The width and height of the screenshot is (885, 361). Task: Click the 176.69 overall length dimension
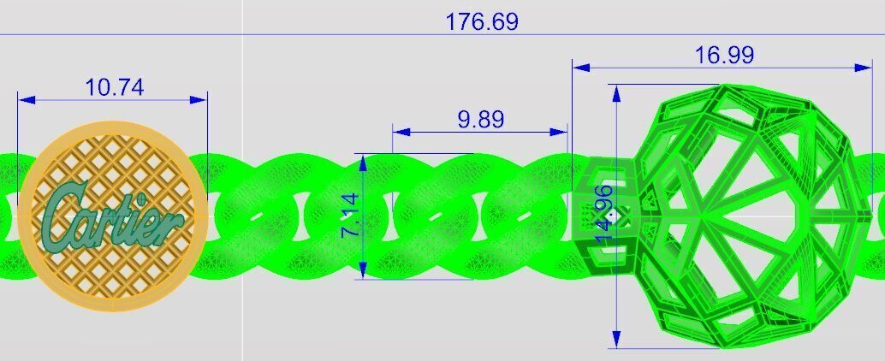coord(481,21)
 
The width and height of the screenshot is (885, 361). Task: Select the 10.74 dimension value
coord(114,86)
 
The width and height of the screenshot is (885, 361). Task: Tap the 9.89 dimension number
coord(480,119)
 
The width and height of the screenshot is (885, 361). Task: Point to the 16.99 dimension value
coord(724,55)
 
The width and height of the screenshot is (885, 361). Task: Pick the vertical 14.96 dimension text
coord(604,215)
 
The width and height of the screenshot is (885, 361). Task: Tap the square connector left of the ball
coord(603,214)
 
